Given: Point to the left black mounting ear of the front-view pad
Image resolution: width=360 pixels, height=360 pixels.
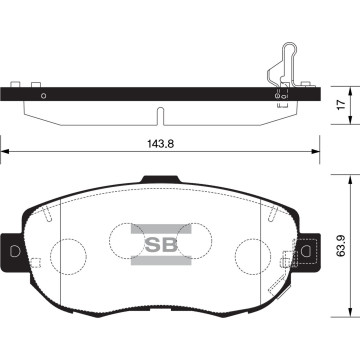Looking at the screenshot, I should pyautogui.click(x=13, y=250).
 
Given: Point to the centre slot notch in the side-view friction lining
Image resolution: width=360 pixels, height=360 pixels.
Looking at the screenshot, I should pyautogui.click(x=159, y=108).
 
